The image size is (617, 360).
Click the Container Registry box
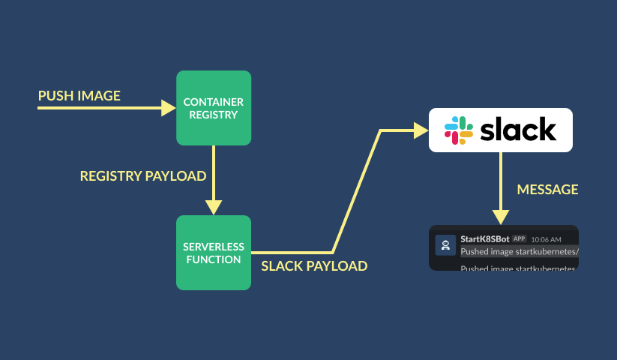tap(214, 108)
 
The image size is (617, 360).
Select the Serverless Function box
tap(214, 253)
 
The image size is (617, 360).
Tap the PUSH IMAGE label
tap(79, 96)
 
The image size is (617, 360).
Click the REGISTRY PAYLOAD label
tap(143, 176)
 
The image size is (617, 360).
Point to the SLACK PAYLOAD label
tap(314, 266)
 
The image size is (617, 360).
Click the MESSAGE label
tap(547, 190)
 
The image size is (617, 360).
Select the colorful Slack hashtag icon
tap(458, 130)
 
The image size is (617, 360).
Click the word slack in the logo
tap(518, 130)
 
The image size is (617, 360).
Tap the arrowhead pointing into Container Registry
tap(169, 109)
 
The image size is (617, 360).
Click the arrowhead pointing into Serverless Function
tap(214, 207)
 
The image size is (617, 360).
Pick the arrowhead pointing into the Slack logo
tap(421, 130)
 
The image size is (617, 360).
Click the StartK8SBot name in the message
tap(484, 238)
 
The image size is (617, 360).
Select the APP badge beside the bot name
tap(519, 238)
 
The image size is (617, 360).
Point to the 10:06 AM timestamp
tap(545, 239)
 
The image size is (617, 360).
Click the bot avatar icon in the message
tap(445, 245)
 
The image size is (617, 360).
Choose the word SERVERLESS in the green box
tap(214, 246)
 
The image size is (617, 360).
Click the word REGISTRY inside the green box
tap(214, 115)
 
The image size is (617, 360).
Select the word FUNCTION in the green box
tap(214, 259)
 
